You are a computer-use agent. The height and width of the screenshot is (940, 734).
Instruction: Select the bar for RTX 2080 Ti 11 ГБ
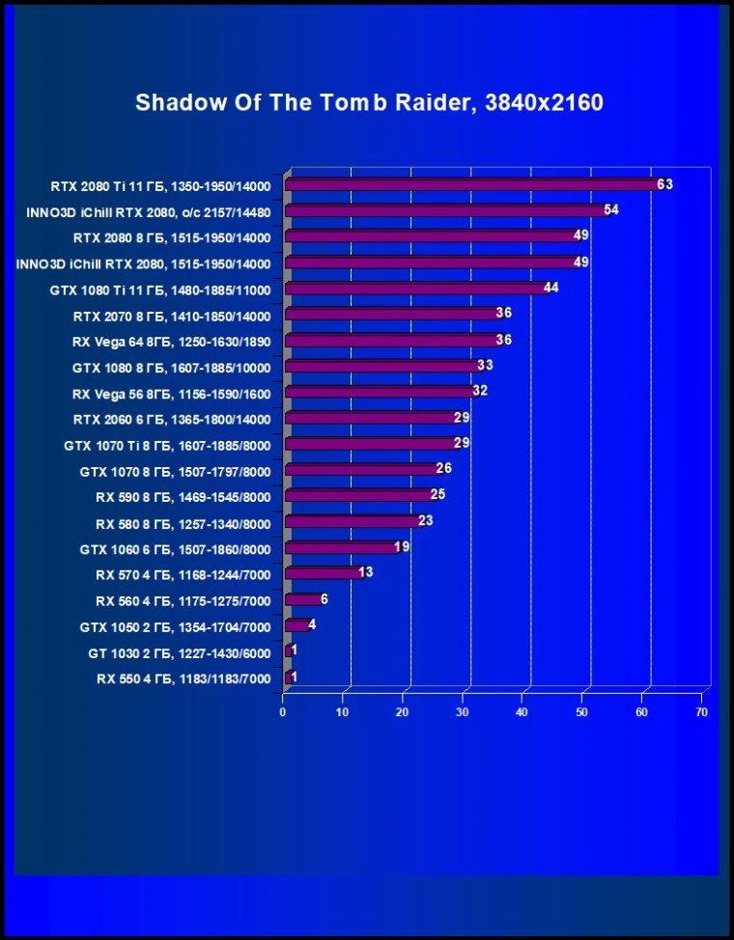click(x=473, y=184)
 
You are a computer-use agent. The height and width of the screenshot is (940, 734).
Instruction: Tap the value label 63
click(x=664, y=184)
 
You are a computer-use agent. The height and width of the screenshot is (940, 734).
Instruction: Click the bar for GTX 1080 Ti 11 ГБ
click(x=416, y=289)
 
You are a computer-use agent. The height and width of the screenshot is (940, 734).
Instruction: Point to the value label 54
click(x=610, y=209)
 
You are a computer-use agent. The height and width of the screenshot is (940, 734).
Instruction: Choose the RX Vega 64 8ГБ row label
click(x=171, y=342)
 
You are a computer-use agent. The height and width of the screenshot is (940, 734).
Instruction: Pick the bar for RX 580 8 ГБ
click(x=353, y=521)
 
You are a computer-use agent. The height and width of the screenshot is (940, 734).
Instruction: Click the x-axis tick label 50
click(x=582, y=712)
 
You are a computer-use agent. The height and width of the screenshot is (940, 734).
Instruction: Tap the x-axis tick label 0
click(x=283, y=712)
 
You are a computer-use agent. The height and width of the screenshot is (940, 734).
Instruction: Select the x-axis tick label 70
click(x=701, y=712)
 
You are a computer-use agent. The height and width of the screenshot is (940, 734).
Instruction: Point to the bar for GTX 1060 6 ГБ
click(x=341, y=547)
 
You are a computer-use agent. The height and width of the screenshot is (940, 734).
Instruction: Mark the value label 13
click(x=366, y=572)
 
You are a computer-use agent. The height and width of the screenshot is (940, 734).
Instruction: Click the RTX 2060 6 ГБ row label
click(x=122, y=420)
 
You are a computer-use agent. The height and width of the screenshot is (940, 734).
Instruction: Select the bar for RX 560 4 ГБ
click(x=303, y=599)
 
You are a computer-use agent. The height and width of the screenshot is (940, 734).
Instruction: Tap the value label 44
click(x=550, y=288)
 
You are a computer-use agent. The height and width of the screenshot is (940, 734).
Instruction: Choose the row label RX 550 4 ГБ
click(x=133, y=678)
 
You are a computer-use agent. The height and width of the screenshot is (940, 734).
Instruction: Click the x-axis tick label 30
click(x=463, y=712)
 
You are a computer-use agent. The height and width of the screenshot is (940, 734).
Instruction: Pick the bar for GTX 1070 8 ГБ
click(x=362, y=469)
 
